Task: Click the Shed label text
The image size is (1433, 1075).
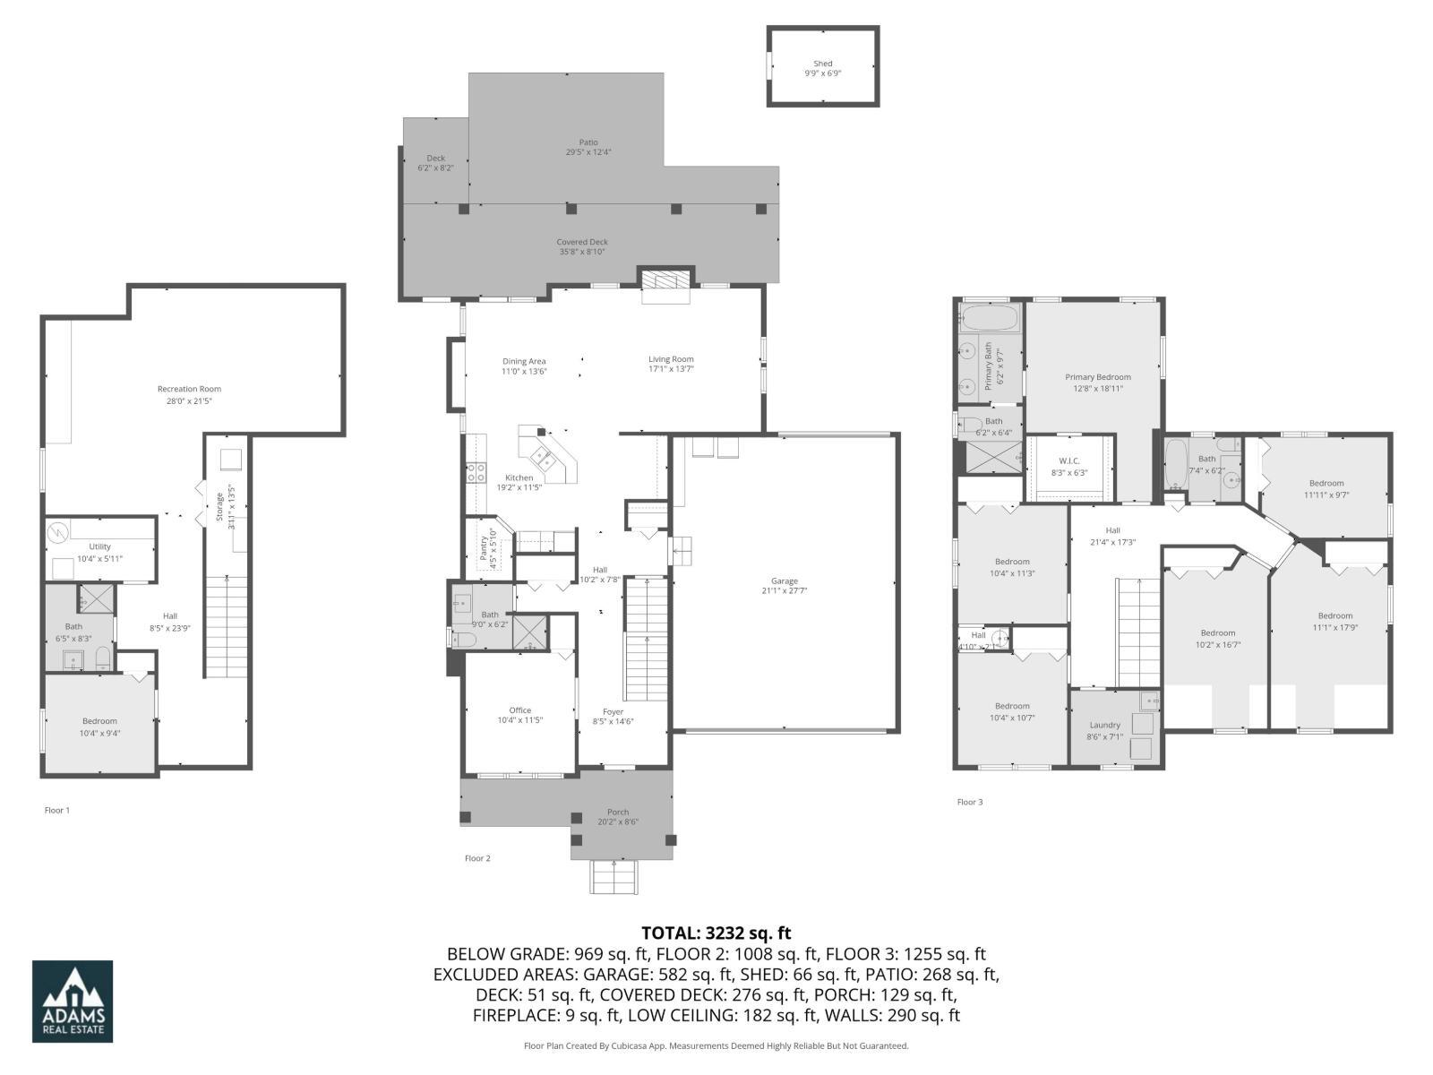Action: point(822,64)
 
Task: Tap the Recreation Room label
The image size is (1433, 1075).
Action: point(189,389)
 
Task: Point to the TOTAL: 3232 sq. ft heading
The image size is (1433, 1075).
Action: point(716,933)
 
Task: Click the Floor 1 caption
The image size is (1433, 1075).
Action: point(56,810)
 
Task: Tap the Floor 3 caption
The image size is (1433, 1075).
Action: point(969,802)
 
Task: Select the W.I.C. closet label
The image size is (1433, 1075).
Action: point(1068,460)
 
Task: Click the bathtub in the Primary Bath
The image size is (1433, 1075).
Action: point(989,317)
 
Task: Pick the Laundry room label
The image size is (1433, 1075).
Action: point(1104,725)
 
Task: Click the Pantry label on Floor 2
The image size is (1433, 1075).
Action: point(484,547)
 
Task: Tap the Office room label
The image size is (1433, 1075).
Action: point(519,710)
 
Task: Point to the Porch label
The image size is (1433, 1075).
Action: point(617,812)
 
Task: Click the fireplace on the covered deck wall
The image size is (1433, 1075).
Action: point(665,279)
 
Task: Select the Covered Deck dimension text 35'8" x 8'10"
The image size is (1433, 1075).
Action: point(582,252)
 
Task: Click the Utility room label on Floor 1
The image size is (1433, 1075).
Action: point(99,546)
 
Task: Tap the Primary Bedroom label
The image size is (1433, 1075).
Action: point(1097,377)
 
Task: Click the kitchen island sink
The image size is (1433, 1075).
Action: point(543,458)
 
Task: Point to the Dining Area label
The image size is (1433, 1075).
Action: point(523,361)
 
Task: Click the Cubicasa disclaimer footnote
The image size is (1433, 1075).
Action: point(716,1045)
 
